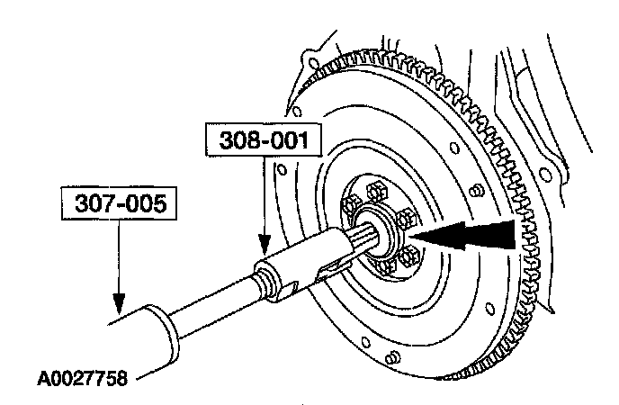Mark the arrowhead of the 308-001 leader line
(265, 246)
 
